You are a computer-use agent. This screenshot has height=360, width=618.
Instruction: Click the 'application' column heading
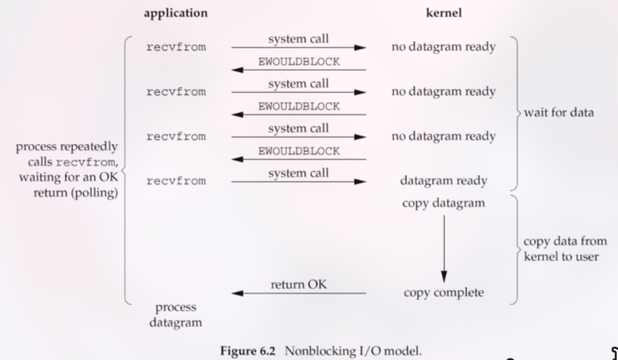(175, 13)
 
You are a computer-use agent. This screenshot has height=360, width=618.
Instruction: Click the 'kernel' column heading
(444, 13)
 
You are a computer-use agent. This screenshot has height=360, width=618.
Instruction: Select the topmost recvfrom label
(176, 47)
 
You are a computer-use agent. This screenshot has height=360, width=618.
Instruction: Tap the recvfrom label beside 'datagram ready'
(176, 181)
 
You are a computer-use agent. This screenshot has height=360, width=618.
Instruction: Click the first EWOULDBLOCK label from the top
(298, 63)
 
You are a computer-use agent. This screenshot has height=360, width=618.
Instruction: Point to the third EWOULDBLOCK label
(298, 151)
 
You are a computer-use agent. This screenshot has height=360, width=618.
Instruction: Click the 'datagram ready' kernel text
(444, 181)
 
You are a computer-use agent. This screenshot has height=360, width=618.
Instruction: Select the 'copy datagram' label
(444, 203)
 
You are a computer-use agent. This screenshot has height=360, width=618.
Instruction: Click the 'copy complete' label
(444, 293)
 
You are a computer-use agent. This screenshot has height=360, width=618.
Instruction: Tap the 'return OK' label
(298, 284)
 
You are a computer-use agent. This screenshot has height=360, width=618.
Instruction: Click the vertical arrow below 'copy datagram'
(444, 246)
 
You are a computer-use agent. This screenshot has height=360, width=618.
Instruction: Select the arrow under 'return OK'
(298, 294)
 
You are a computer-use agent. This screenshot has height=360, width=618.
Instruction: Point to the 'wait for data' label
(558, 113)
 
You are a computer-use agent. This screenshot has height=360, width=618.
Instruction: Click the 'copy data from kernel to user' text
(564, 249)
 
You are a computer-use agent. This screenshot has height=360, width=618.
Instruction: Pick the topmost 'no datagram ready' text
(444, 47)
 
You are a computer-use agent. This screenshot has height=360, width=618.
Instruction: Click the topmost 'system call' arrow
(298, 48)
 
